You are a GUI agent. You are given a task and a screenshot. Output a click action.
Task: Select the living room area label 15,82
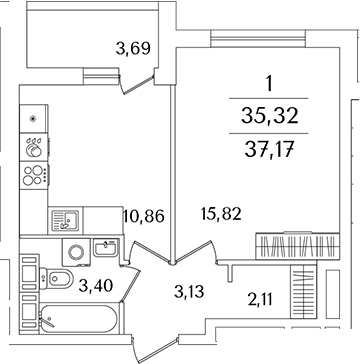click(x=219, y=215)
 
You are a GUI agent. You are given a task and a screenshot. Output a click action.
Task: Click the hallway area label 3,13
click(x=188, y=293)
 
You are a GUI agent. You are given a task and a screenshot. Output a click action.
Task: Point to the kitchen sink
click(x=71, y=217)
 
